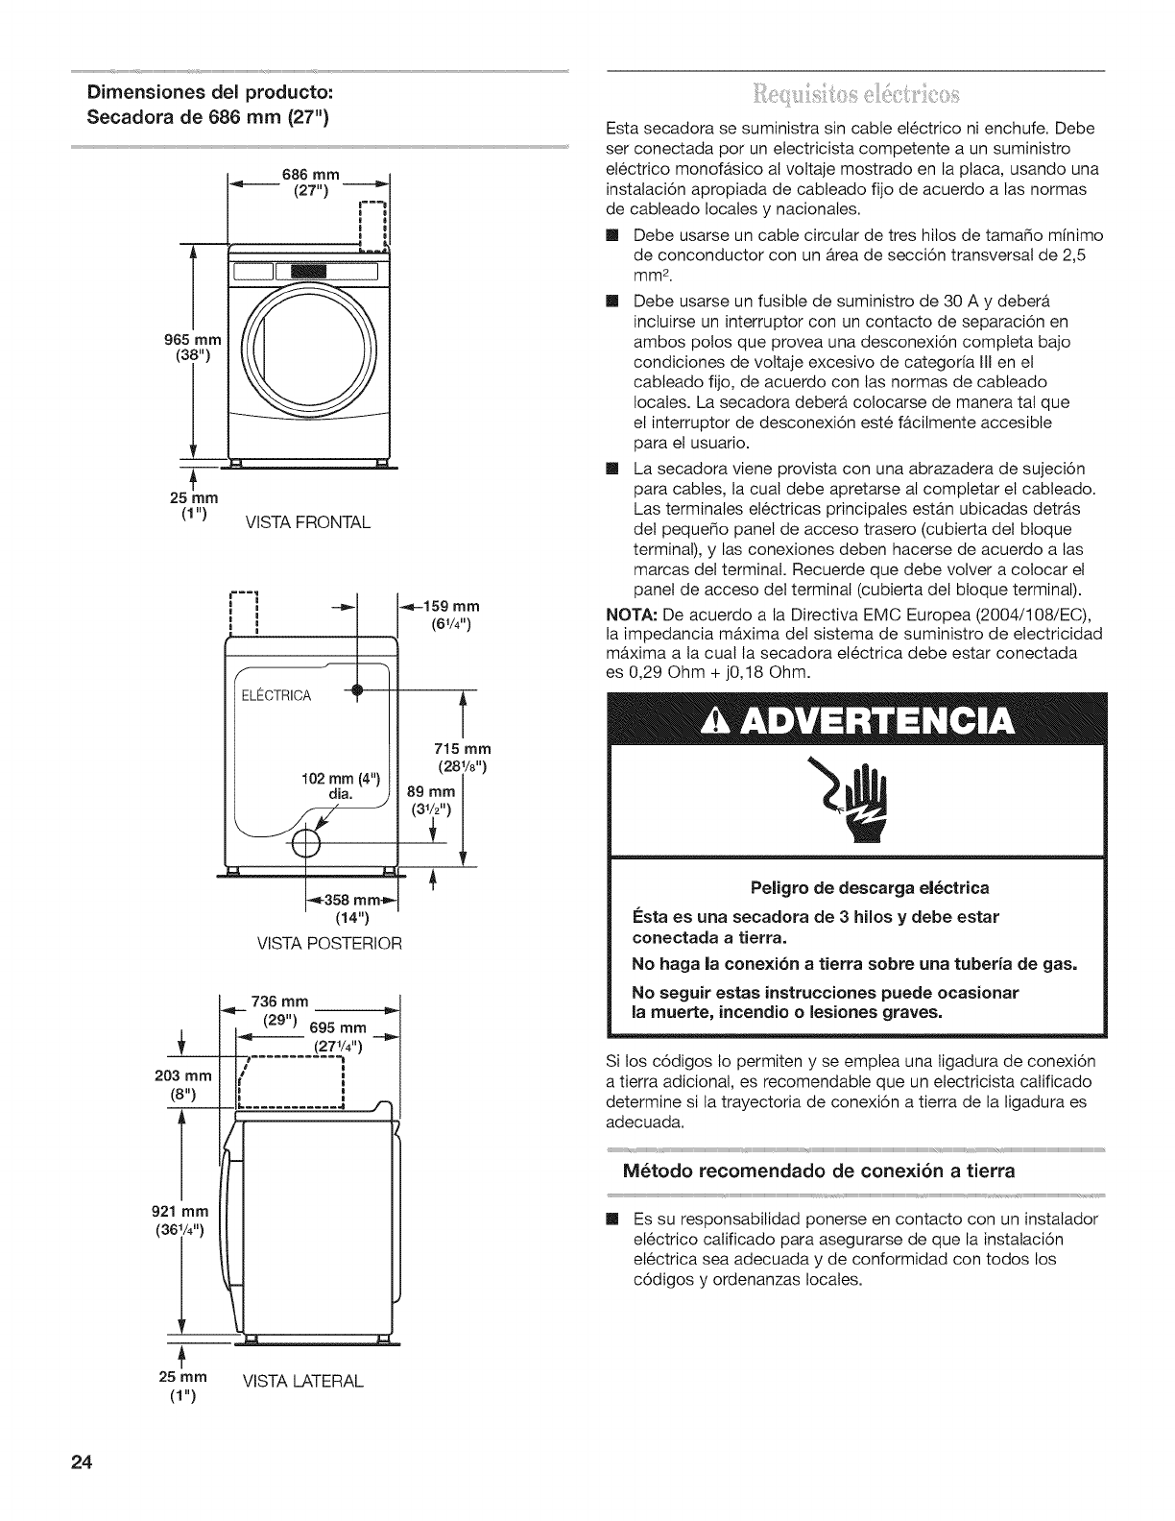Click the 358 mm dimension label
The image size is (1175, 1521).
coord(347,900)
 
